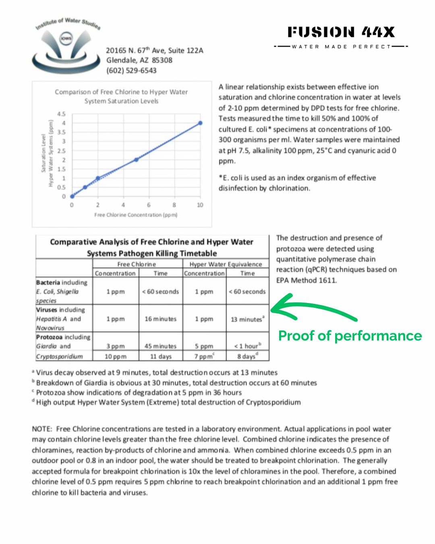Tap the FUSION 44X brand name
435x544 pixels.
pyautogui.click(x=341, y=32)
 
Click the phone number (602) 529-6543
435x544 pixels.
pyautogui.click(x=131, y=71)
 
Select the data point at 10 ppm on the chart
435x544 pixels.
pyautogui.click(x=200, y=123)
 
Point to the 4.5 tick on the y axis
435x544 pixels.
pyautogui.click(x=61, y=114)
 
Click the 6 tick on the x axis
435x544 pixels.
pyautogui.click(x=149, y=205)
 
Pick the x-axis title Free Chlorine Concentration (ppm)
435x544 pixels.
pyautogui.click(x=136, y=215)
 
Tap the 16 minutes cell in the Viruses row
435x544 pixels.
pyautogui.click(x=160, y=319)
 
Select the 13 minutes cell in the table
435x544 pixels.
pyautogui.click(x=247, y=319)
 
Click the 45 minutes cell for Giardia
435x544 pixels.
pyautogui.click(x=160, y=346)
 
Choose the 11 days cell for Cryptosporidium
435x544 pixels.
pyautogui.click(x=161, y=357)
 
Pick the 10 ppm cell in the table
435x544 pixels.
pyautogui.click(x=116, y=357)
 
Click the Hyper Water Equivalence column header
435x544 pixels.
pyautogui.click(x=226, y=264)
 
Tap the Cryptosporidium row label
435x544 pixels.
pyautogui.click(x=60, y=357)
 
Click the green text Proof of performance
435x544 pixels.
pyautogui.click(x=350, y=336)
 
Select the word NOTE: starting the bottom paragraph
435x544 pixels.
pyautogui.click(x=42, y=429)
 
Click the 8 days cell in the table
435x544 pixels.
pyautogui.click(x=247, y=356)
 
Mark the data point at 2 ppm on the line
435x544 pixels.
pyautogui.click(x=98, y=178)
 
